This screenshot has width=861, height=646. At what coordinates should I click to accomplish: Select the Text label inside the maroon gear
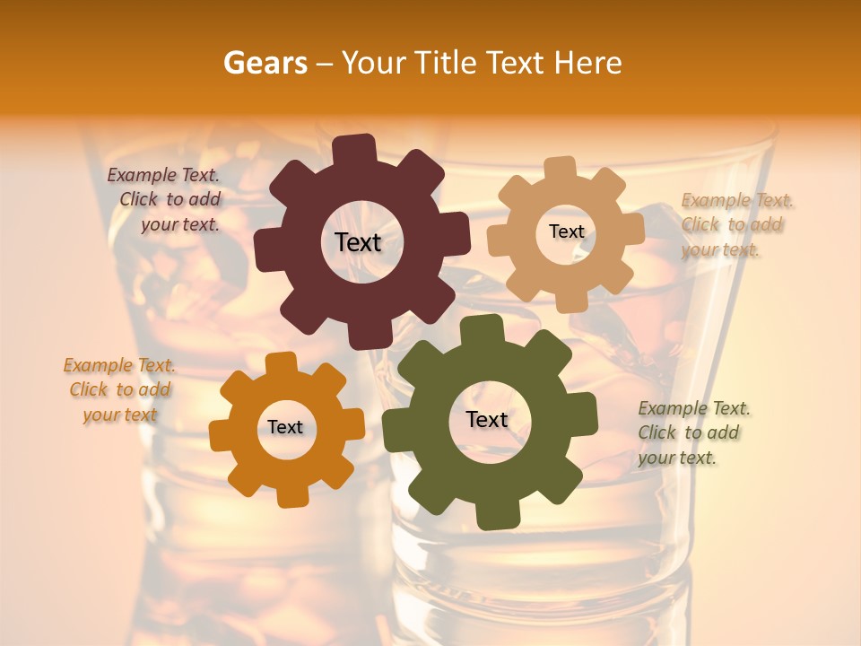click(358, 242)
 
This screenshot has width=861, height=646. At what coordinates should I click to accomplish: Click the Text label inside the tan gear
click(566, 231)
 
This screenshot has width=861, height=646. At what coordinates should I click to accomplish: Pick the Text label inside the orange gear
click(285, 427)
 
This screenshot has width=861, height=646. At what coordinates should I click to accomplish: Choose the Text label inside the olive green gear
click(486, 419)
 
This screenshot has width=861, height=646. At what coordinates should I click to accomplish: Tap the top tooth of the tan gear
click(560, 169)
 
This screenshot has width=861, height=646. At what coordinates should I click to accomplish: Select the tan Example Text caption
click(735, 224)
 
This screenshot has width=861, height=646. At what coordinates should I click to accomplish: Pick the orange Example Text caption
click(119, 389)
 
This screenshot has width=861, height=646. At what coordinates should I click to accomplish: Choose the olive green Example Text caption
click(692, 432)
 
